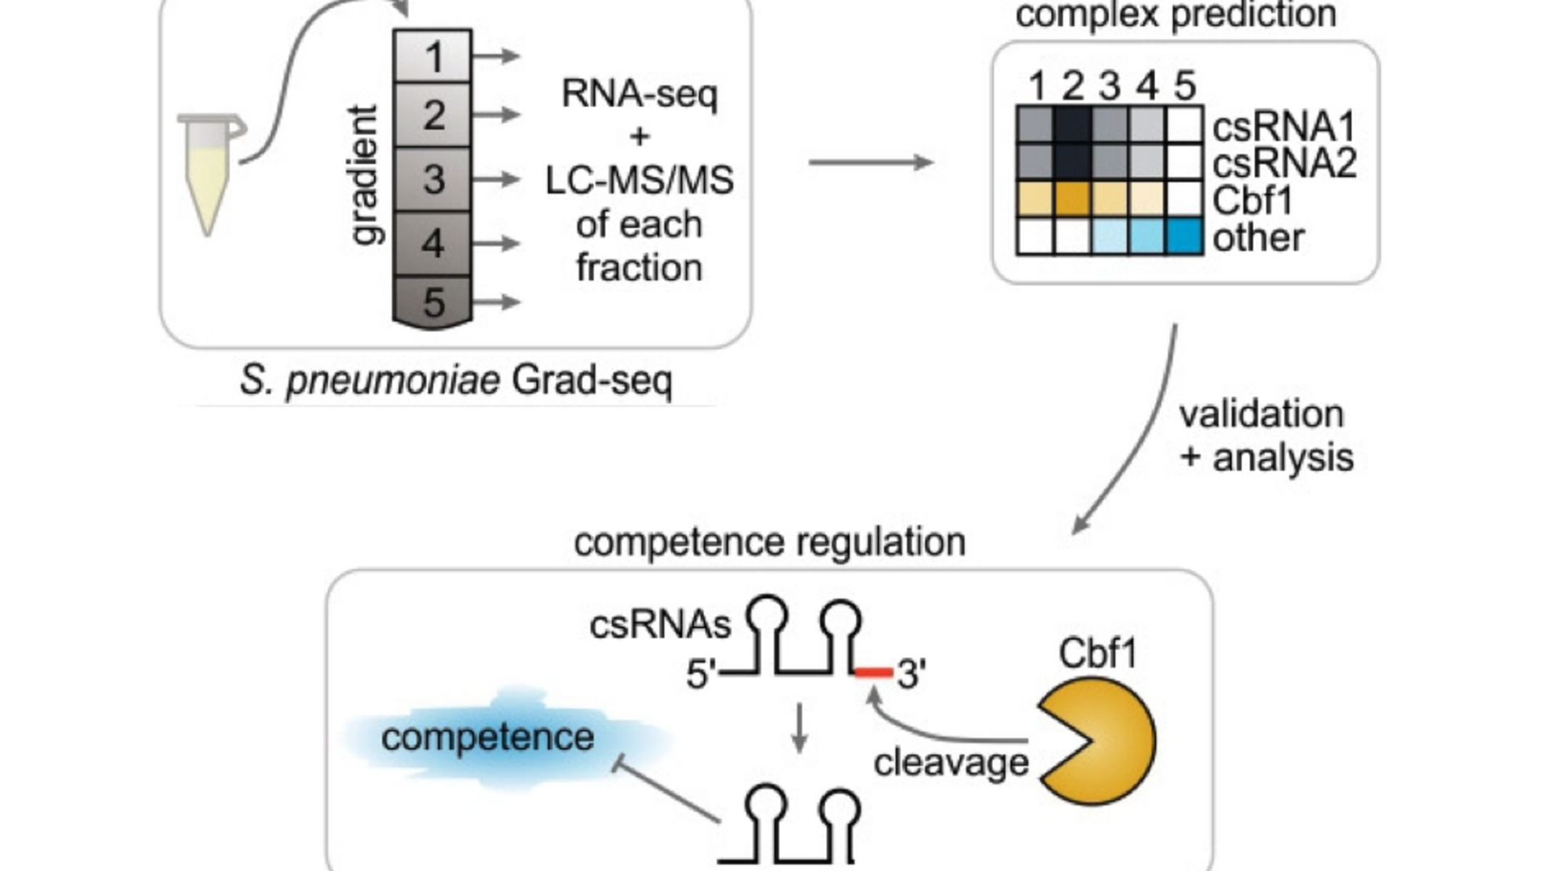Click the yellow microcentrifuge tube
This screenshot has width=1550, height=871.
point(209,174)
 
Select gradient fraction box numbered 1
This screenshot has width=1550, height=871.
point(433,56)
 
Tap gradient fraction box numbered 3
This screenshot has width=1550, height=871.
point(433,179)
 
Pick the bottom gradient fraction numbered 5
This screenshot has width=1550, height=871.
point(433,302)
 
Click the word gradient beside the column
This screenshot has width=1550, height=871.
point(364,174)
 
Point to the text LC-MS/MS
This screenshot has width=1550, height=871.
point(639,180)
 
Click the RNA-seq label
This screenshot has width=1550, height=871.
point(639,94)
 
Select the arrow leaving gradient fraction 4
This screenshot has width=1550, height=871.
point(496,243)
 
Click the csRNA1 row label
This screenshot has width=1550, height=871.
point(1283,127)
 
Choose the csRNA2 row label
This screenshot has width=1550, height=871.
point(1284,163)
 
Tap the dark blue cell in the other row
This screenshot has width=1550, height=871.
point(1184,237)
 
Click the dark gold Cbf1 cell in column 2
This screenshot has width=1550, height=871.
point(1072,199)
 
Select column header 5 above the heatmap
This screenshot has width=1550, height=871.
point(1184,86)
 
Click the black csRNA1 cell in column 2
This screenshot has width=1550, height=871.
point(1072,125)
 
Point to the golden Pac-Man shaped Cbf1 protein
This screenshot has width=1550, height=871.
point(1098,741)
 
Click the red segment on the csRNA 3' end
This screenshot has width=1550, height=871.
point(874,672)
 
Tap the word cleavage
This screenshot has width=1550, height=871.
point(951,763)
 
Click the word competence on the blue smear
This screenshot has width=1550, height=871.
point(488,737)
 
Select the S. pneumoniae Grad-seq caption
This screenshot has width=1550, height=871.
point(456,380)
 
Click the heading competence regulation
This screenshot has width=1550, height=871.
point(769,542)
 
